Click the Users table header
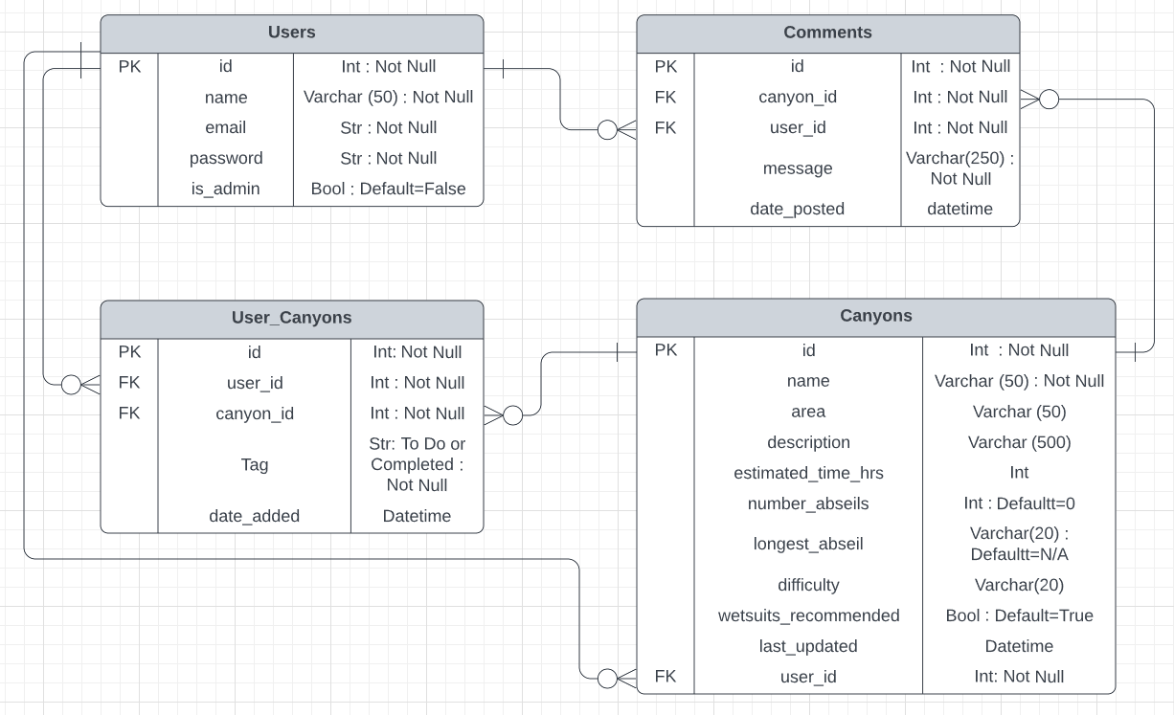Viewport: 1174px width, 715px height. point(291,33)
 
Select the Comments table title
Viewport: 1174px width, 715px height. point(827,33)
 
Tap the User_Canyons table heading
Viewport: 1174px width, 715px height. point(291,318)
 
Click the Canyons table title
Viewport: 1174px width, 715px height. point(875,316)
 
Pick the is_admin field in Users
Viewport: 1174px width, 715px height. point(225,189)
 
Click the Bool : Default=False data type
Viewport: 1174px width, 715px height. point(388,189)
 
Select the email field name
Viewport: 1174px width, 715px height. point(225,127)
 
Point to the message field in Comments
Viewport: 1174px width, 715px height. point(797,168)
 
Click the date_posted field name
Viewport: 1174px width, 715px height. point(797,209)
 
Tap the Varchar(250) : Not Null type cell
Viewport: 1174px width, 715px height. point(960,168)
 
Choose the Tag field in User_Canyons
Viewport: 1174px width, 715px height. point(254,464)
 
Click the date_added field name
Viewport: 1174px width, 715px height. point(254,516)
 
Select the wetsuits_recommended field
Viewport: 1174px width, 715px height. point(808,615)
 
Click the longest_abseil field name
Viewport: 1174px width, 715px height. point(808,544)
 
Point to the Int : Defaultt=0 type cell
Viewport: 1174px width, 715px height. point(1019,503)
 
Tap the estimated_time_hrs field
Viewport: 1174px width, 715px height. point(808,473)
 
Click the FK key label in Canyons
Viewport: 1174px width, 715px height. point(665,677)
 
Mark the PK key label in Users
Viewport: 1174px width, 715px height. point(129,66)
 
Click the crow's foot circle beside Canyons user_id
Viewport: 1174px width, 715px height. point(607,679)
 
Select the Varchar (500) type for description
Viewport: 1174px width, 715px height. point(1019,442)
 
